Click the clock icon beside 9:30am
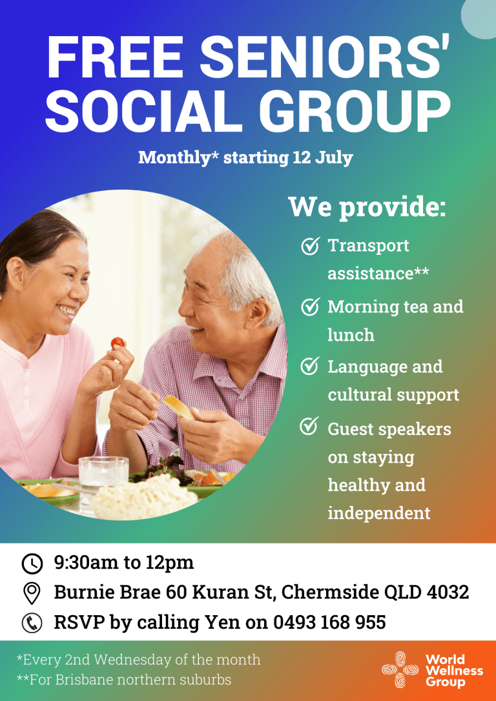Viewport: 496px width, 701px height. point(32,563)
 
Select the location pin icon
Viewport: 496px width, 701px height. point(32,593)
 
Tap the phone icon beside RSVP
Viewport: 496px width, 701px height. point(32,623)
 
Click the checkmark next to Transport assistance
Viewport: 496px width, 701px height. point(311,246)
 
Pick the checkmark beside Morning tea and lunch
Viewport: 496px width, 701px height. point(311,307)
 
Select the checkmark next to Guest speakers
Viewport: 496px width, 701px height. point(311,427)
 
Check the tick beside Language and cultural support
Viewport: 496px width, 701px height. point(311,367)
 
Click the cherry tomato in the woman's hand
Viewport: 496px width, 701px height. point(118,343)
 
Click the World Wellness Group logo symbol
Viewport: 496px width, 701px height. point(400,671)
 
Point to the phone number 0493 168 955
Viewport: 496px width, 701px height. point(329,623)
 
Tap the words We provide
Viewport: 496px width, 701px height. point(367,207)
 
